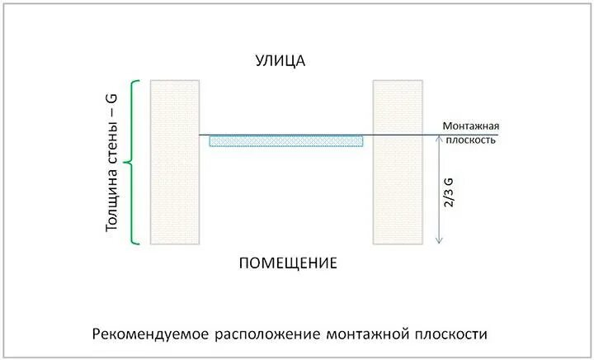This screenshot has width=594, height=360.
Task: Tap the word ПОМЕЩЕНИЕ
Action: coord(288,263)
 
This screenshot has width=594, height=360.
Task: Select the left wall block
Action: coord(175,162)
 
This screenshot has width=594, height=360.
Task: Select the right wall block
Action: coord(398,162)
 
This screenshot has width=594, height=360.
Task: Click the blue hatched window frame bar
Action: coord(286,141)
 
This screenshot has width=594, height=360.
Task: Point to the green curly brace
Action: coord(135,162)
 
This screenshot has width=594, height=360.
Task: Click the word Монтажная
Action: coord(471,126)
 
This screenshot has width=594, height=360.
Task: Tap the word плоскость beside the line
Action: coord(471,140)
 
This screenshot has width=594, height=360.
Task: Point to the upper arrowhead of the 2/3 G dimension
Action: coord(439,140)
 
